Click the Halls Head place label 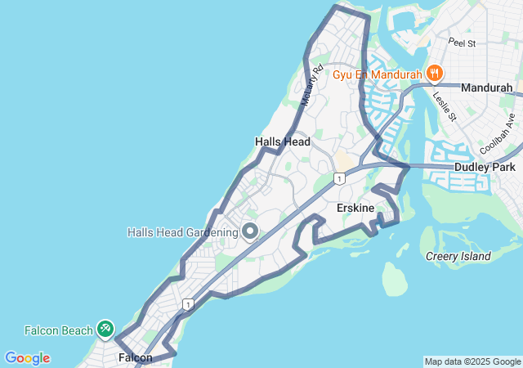(283, 141)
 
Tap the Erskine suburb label (355, 209)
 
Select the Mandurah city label (486, 88)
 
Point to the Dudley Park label (485, 168)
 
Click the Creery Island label (458, 256)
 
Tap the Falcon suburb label (135, 357)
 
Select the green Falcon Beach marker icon (105, 329)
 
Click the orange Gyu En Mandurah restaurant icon (434, 74)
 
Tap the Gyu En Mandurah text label (377, 74)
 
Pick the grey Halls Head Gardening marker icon (250, 231)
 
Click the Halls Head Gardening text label (182, 232)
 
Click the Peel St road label (462, 42)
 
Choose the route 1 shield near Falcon (189, 304)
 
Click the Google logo (27, 358)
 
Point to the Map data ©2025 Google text (472, 361)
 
